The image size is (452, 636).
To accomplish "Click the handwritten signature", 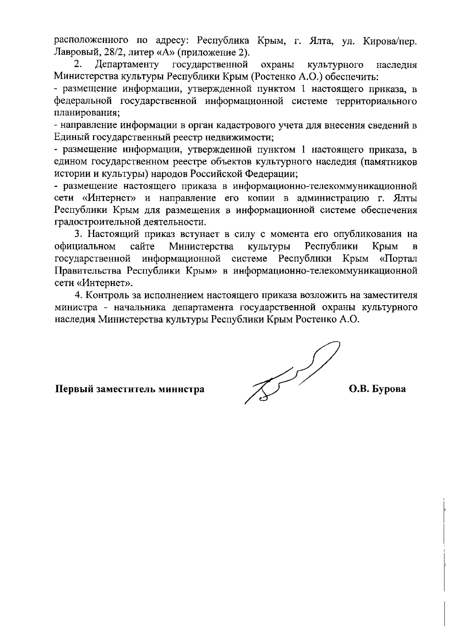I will (x=292, y=373).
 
